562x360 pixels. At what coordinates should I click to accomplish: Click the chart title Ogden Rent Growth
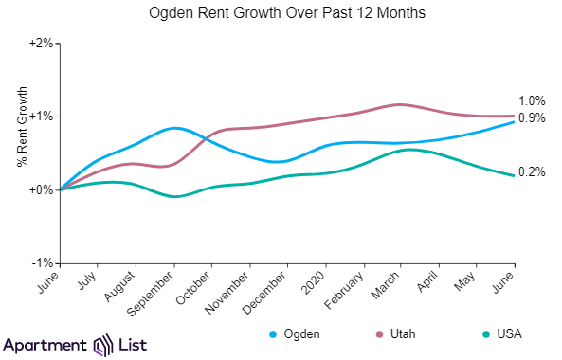[x=281, y=15]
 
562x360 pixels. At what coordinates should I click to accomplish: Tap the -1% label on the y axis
[x=44, y=262]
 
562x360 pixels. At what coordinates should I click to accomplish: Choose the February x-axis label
[x=348, y=286]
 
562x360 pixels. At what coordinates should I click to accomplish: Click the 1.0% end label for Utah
[x=532, y=101]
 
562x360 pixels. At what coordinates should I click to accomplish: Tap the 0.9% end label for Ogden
[x=532, y=118]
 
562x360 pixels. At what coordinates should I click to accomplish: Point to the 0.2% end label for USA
[x=532, y=172]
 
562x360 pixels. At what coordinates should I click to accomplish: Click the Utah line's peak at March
[x=400, y=104]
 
